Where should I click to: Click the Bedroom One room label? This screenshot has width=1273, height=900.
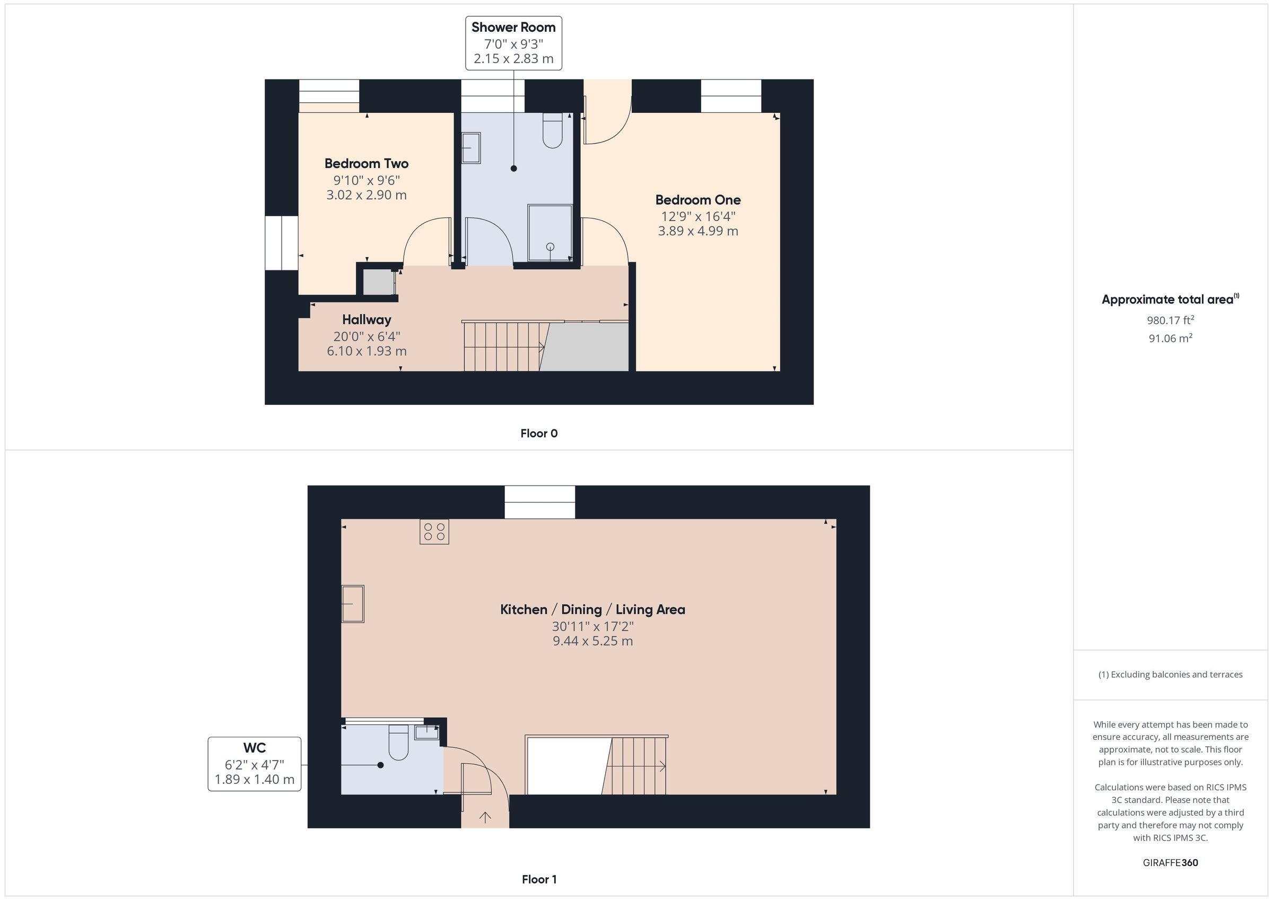click(697, 199)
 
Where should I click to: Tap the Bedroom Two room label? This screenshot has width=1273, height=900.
click(367, 163)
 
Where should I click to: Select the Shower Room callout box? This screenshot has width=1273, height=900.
click(513, 43)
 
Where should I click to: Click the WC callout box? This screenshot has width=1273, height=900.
click(255, 764)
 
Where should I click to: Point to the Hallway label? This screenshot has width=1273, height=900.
click(367, 320)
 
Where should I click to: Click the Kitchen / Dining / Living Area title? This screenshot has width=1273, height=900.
click(592, 610)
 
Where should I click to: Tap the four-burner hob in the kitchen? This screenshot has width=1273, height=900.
click(434, 532)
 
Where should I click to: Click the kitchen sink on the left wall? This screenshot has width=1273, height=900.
click(353, 604)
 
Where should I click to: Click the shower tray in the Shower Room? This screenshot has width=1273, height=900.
click(550, 233)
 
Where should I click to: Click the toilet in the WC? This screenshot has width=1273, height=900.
click(399, 742)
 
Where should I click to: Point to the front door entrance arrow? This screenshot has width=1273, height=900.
click(485, 817)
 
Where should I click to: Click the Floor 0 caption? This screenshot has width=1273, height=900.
click(539, 434)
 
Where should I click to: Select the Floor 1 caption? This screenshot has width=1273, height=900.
click(539, 879)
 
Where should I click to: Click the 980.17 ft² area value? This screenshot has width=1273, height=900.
click(1171, 320)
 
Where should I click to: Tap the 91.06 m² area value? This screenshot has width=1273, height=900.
click(1171, 338)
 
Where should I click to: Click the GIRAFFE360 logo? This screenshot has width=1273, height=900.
click(1171, 863)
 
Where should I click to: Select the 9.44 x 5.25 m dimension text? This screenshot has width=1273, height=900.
click(592, 641)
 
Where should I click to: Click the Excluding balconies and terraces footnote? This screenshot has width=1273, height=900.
click(1171, 674)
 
